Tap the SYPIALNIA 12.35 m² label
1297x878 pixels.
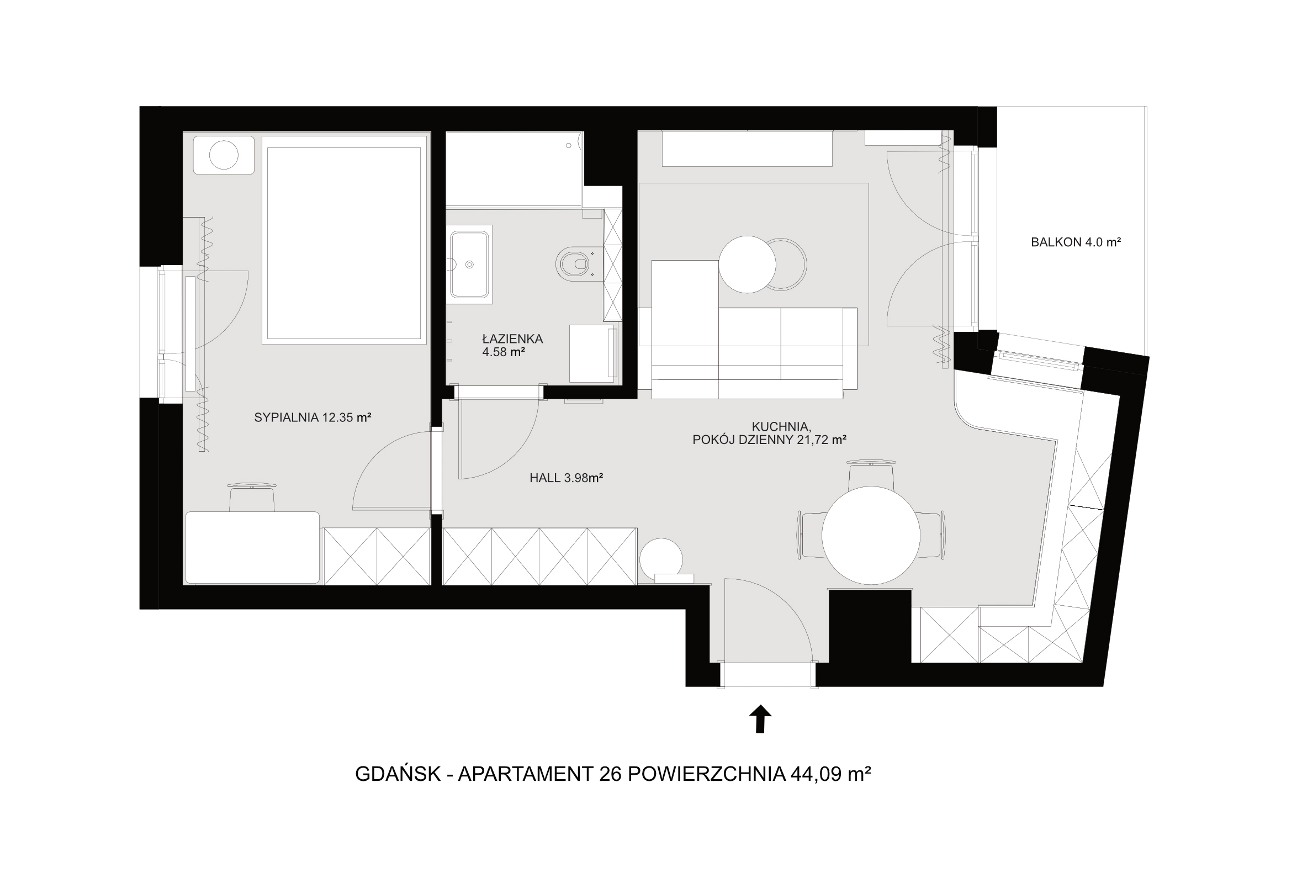(x=313, y=417)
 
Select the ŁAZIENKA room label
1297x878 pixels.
(x=512, y=338)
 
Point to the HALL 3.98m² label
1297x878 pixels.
(x=567, y=478)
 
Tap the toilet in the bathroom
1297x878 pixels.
(x=573, y=262)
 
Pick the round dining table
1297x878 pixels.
(x=871, y=535)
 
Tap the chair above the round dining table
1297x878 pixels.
(x=871, y=475)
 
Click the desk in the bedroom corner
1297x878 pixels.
(x=252, y=547)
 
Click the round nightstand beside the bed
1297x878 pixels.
(x=223, y=155)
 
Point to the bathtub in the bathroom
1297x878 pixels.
(x=515, y=170)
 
